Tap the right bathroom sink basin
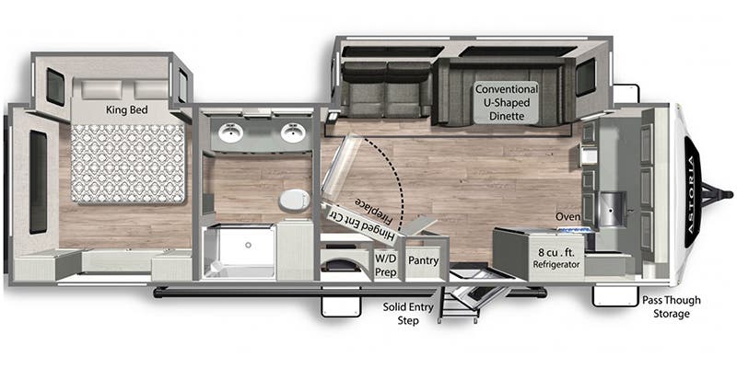293,134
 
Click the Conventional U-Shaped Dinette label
506,102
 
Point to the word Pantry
422,261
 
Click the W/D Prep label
385,266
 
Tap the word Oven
567,216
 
